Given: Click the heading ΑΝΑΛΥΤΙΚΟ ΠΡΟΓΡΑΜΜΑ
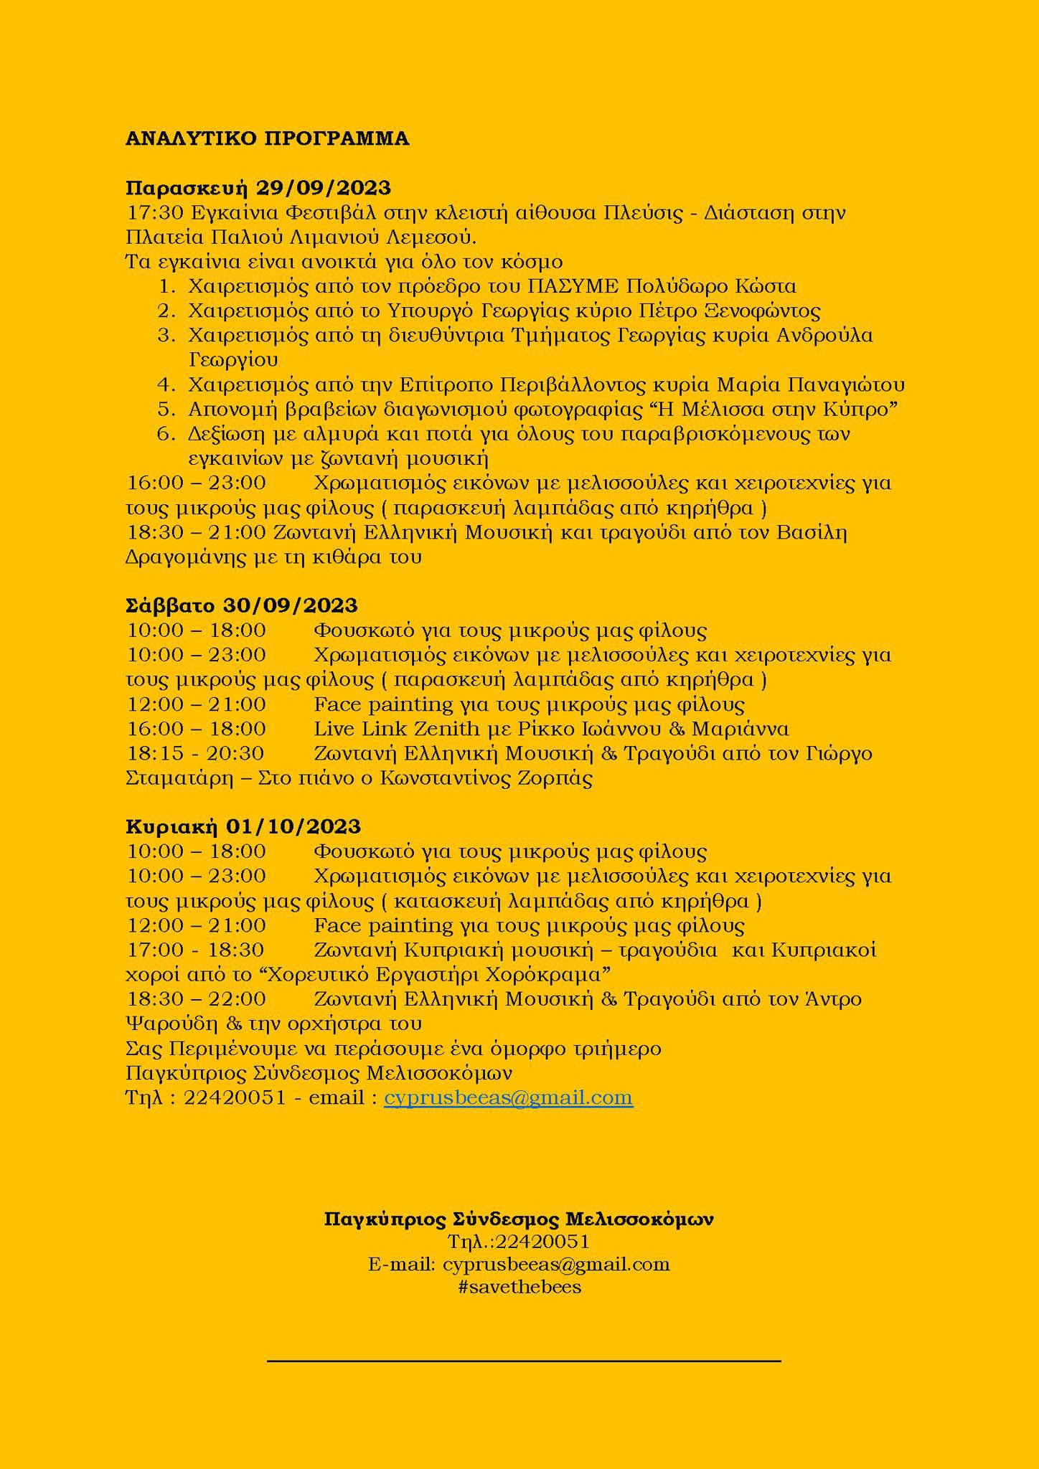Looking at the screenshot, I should click(x=267, y=139).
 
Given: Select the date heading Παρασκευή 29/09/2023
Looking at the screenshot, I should click(x=258, y=188).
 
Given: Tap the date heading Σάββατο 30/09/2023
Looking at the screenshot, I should click(x=241, y=605).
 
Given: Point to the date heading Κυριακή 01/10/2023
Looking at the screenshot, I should click(x=243, y=826).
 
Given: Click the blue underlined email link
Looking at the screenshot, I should click(x=508, y=1097).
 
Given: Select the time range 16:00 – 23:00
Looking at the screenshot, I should click(x=196, y=483).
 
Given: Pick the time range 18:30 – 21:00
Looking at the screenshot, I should click(x=196, y=532).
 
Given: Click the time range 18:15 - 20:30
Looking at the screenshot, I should click(x=195, y=753).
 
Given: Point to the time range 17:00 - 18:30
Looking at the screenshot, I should click(x=195, y=950).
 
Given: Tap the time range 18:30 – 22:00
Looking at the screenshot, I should click(x=196, y=998).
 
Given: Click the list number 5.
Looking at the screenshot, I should click(x=166, y=410).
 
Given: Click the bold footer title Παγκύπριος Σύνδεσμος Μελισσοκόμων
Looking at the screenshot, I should click(x=519, y=1219).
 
